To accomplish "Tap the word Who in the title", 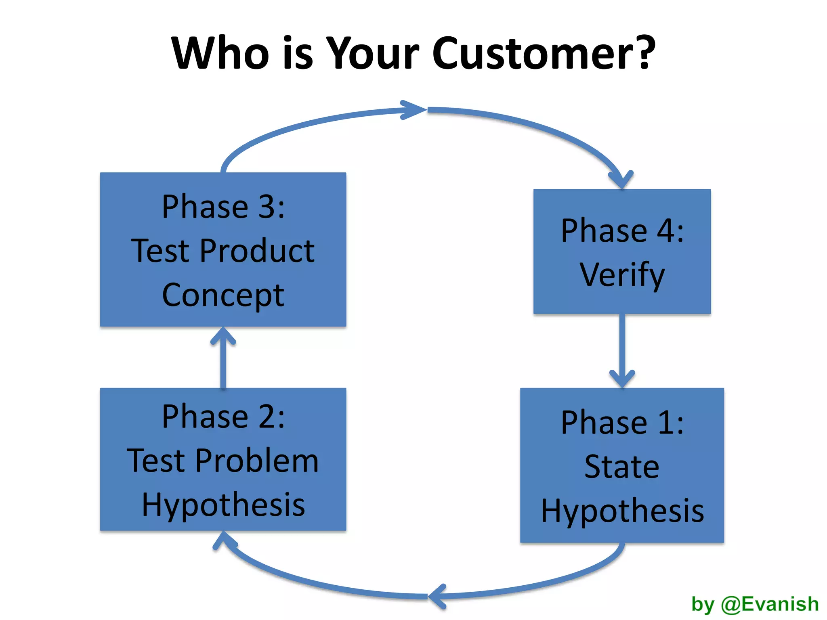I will point(220,53).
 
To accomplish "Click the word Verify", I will point(622,275).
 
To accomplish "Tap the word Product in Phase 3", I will point(257,251).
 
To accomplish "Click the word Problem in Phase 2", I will point(257,461).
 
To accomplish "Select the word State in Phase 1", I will point(622,467).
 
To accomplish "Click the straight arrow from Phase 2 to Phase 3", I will point(223,359).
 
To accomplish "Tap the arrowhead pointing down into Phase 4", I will point(621,180).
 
